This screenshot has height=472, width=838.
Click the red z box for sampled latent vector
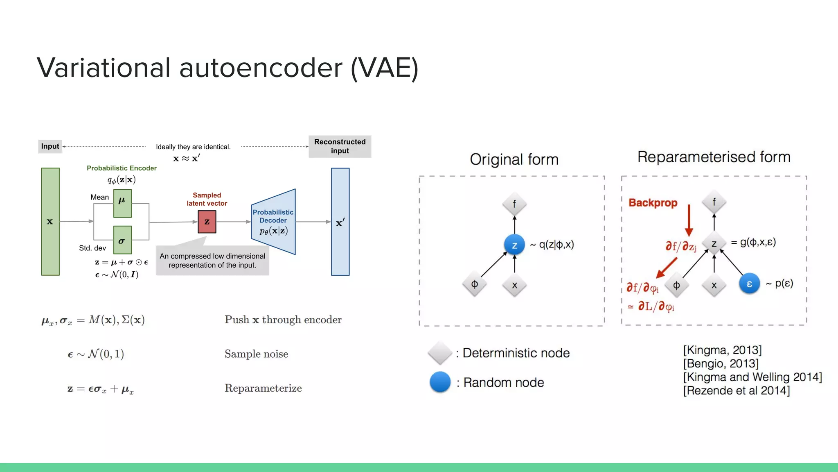click(x=207, y=222)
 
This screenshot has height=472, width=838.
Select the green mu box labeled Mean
click(x=122, y=203)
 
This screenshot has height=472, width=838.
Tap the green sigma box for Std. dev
click(x=122, y=240)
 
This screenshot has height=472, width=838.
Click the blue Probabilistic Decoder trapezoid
click(x=273, y=222)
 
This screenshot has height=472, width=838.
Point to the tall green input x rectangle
click(x=50, y=222)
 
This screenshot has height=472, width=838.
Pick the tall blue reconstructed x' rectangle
click(x=340, y=222)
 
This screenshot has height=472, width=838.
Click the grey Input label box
click(x=50, y=146)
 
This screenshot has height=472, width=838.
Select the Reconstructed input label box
click(x=340, y=146)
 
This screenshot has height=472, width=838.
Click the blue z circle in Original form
click(x=514, y=245)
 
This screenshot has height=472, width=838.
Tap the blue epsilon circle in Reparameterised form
click(x=749, y=284)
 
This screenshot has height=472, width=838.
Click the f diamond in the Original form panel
click(x=514, y=204)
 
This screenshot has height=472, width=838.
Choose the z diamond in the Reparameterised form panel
click(x=714, y=244)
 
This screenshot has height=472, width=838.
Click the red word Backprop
click(x=653, y=203)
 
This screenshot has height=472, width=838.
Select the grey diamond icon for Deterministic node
click(x=440, y=353)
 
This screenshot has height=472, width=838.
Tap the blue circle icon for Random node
click(x=440, y=382)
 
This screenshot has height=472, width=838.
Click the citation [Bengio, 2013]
click(x=721, y=363)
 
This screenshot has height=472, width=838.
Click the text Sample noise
click(x=256, y=354)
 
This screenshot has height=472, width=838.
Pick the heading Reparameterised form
click(x=714, y=157)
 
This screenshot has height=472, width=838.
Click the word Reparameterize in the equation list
click(x=263, y=388)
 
